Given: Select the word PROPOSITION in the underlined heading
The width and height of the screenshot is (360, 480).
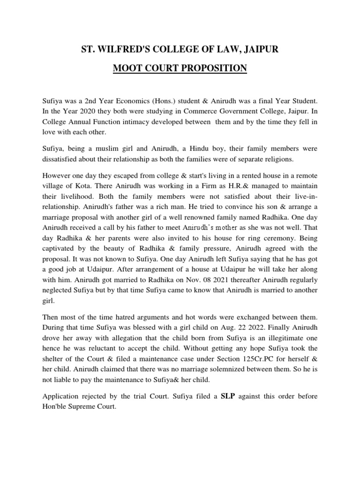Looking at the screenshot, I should (211, 68).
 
